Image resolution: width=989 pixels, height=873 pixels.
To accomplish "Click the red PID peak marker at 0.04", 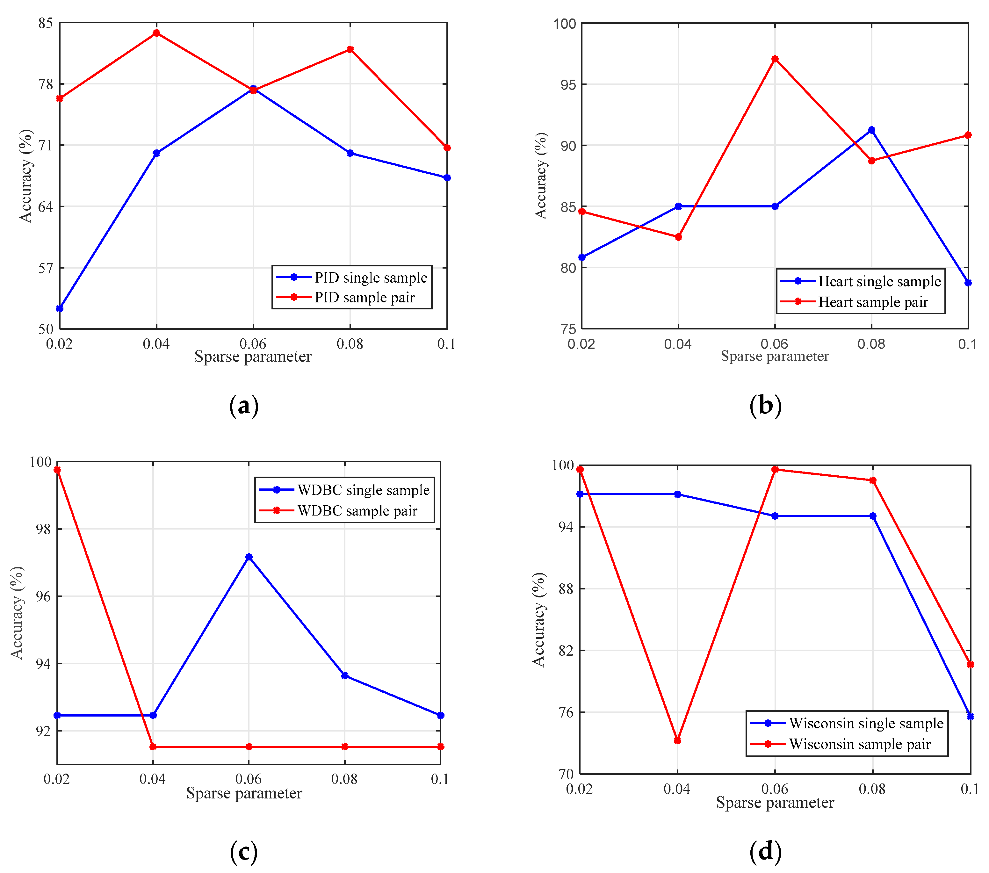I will pyautogui.click(x=156, y=33).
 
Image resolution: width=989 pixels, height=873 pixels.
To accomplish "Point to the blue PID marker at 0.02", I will pyautogui.click(x=60, y=308).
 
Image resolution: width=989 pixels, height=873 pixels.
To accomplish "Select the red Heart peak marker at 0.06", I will pyautogui.click(x=775, y=59).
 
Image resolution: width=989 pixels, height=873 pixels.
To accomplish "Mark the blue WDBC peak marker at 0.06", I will pyautogui.click(x=249, y=557).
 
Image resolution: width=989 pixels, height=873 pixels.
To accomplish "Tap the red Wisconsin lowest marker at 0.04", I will pyautogui.click(x=677, y=740).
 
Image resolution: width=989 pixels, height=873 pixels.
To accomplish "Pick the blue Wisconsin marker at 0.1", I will pyautogui.click(x=970, y=716).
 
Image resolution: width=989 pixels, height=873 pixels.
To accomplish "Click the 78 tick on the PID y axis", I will pyautogui.click(x=46, y=84).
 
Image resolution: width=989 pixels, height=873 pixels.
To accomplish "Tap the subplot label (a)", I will pyautogui.click(x=243, y=406).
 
